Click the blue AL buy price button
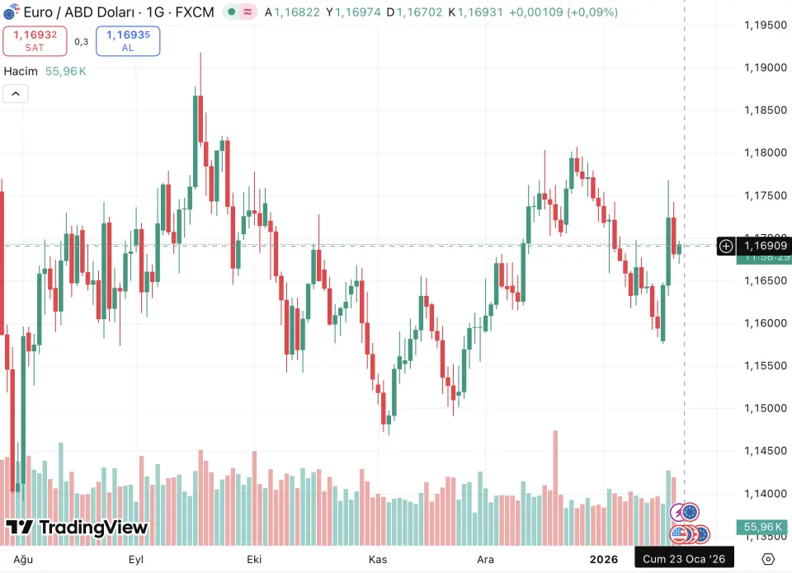click(x=128, y=41)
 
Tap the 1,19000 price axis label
click(x=764, y=68)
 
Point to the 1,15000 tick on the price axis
click(x=764, y=408)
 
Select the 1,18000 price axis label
click(x=764, y=153)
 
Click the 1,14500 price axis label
click(x=764, y=451)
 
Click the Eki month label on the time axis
click(x=254, y=559)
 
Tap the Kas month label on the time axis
click(x=377, y=559)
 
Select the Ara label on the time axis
click(x=486, y=559)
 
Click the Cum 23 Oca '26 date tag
click(x=684, y=559)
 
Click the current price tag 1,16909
click(x=764, y=246)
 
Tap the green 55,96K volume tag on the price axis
click(x=762, y=527)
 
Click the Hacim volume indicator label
click(x=21, y=71)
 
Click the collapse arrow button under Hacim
click(x=16, y=93)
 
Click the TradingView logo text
click(x=78, y=528)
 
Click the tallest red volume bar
click(x=555, y=486)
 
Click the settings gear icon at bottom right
click(x=768, y=559)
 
